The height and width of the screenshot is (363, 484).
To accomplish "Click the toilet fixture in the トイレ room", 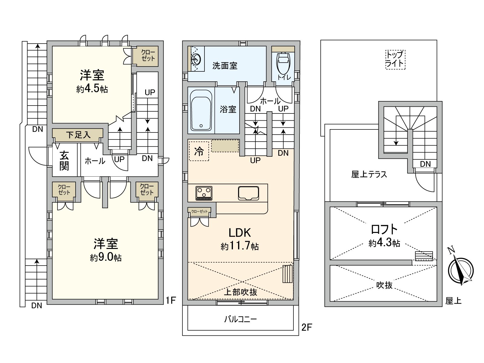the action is pos(283,63).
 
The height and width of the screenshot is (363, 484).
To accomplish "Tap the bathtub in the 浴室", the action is pos(201,110).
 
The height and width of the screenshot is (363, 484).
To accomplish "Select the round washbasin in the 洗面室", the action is pos(196,59).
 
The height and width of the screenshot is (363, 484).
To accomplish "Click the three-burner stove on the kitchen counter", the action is pos(204,193).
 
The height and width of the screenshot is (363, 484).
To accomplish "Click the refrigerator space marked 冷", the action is pos(199,151).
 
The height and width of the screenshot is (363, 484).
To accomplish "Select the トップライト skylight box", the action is pos(395,60).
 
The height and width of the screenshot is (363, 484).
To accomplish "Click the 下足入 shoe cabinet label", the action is pos(78,135).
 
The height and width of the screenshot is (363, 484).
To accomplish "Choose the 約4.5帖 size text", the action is pos(92,89).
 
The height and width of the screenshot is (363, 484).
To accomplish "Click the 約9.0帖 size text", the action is pos(106,257).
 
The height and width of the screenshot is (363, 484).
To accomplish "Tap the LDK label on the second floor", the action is pos(240,233).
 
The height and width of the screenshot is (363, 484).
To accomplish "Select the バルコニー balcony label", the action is pos(240,319).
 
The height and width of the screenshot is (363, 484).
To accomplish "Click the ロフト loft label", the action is pos(384,229).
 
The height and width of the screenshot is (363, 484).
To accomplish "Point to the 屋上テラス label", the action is pos(369,175).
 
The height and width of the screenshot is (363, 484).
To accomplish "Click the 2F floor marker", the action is pos(307,328).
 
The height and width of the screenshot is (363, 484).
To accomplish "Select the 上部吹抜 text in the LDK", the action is pos(240,292).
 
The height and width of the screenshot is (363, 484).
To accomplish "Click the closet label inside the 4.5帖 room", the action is pos(148,56).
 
